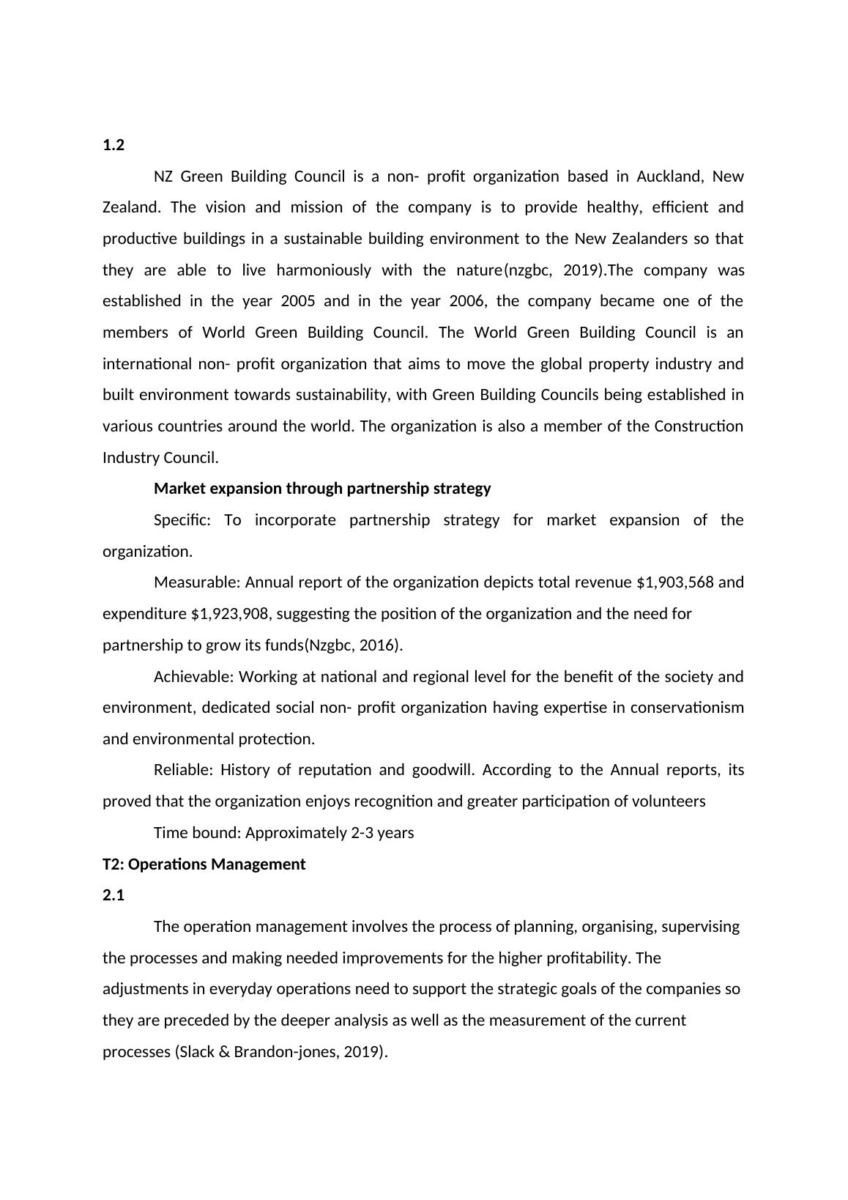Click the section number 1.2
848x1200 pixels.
pos(114,145)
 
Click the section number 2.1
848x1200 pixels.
pos(114,895)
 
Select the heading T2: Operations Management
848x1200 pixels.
pos(204,864)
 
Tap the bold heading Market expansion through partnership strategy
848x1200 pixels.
pos(322,489)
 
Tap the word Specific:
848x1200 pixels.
pos(182,520)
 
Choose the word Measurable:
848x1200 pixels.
pos(197,582)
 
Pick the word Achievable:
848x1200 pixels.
pos(193,677)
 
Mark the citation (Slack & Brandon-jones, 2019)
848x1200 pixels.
pos(280,1052)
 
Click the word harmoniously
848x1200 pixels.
pos(324,270)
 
